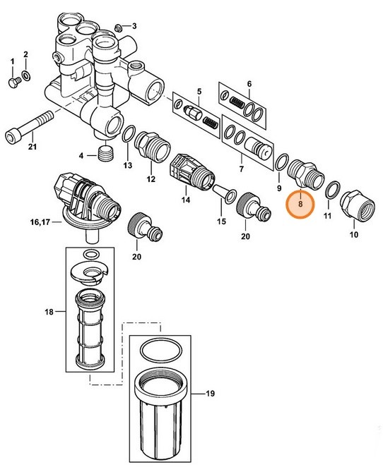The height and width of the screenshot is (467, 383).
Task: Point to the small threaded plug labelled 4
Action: point(107,153)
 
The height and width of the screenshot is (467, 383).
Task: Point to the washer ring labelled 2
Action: point(27,74)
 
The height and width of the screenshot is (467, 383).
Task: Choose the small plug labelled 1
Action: point(12,83)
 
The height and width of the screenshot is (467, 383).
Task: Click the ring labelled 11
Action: point(330,190)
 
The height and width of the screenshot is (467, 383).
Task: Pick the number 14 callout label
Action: point(186,200)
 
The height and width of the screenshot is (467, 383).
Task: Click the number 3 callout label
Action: point(135,27)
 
